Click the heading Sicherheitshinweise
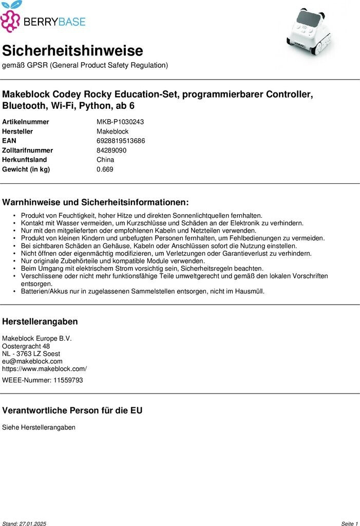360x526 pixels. [72, 51]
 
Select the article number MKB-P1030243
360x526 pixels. [120, 122]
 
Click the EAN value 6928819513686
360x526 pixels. [121, 141]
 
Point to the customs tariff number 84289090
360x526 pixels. [111, 151]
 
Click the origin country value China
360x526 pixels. [105, 160]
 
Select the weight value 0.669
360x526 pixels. [105, 170]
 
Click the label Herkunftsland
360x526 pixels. [25, 160]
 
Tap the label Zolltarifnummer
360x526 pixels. [28, 151]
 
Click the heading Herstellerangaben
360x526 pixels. [40, 322]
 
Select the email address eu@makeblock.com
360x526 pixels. [32, 361]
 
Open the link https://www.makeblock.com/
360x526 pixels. [45, 369]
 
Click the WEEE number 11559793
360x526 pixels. [68, 380]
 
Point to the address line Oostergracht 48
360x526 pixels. [26, 346]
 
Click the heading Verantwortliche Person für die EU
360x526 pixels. [72, 410]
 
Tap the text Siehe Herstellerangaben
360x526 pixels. [39, 427]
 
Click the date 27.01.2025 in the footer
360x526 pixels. [33, 523]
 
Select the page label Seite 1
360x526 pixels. [349, 523]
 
